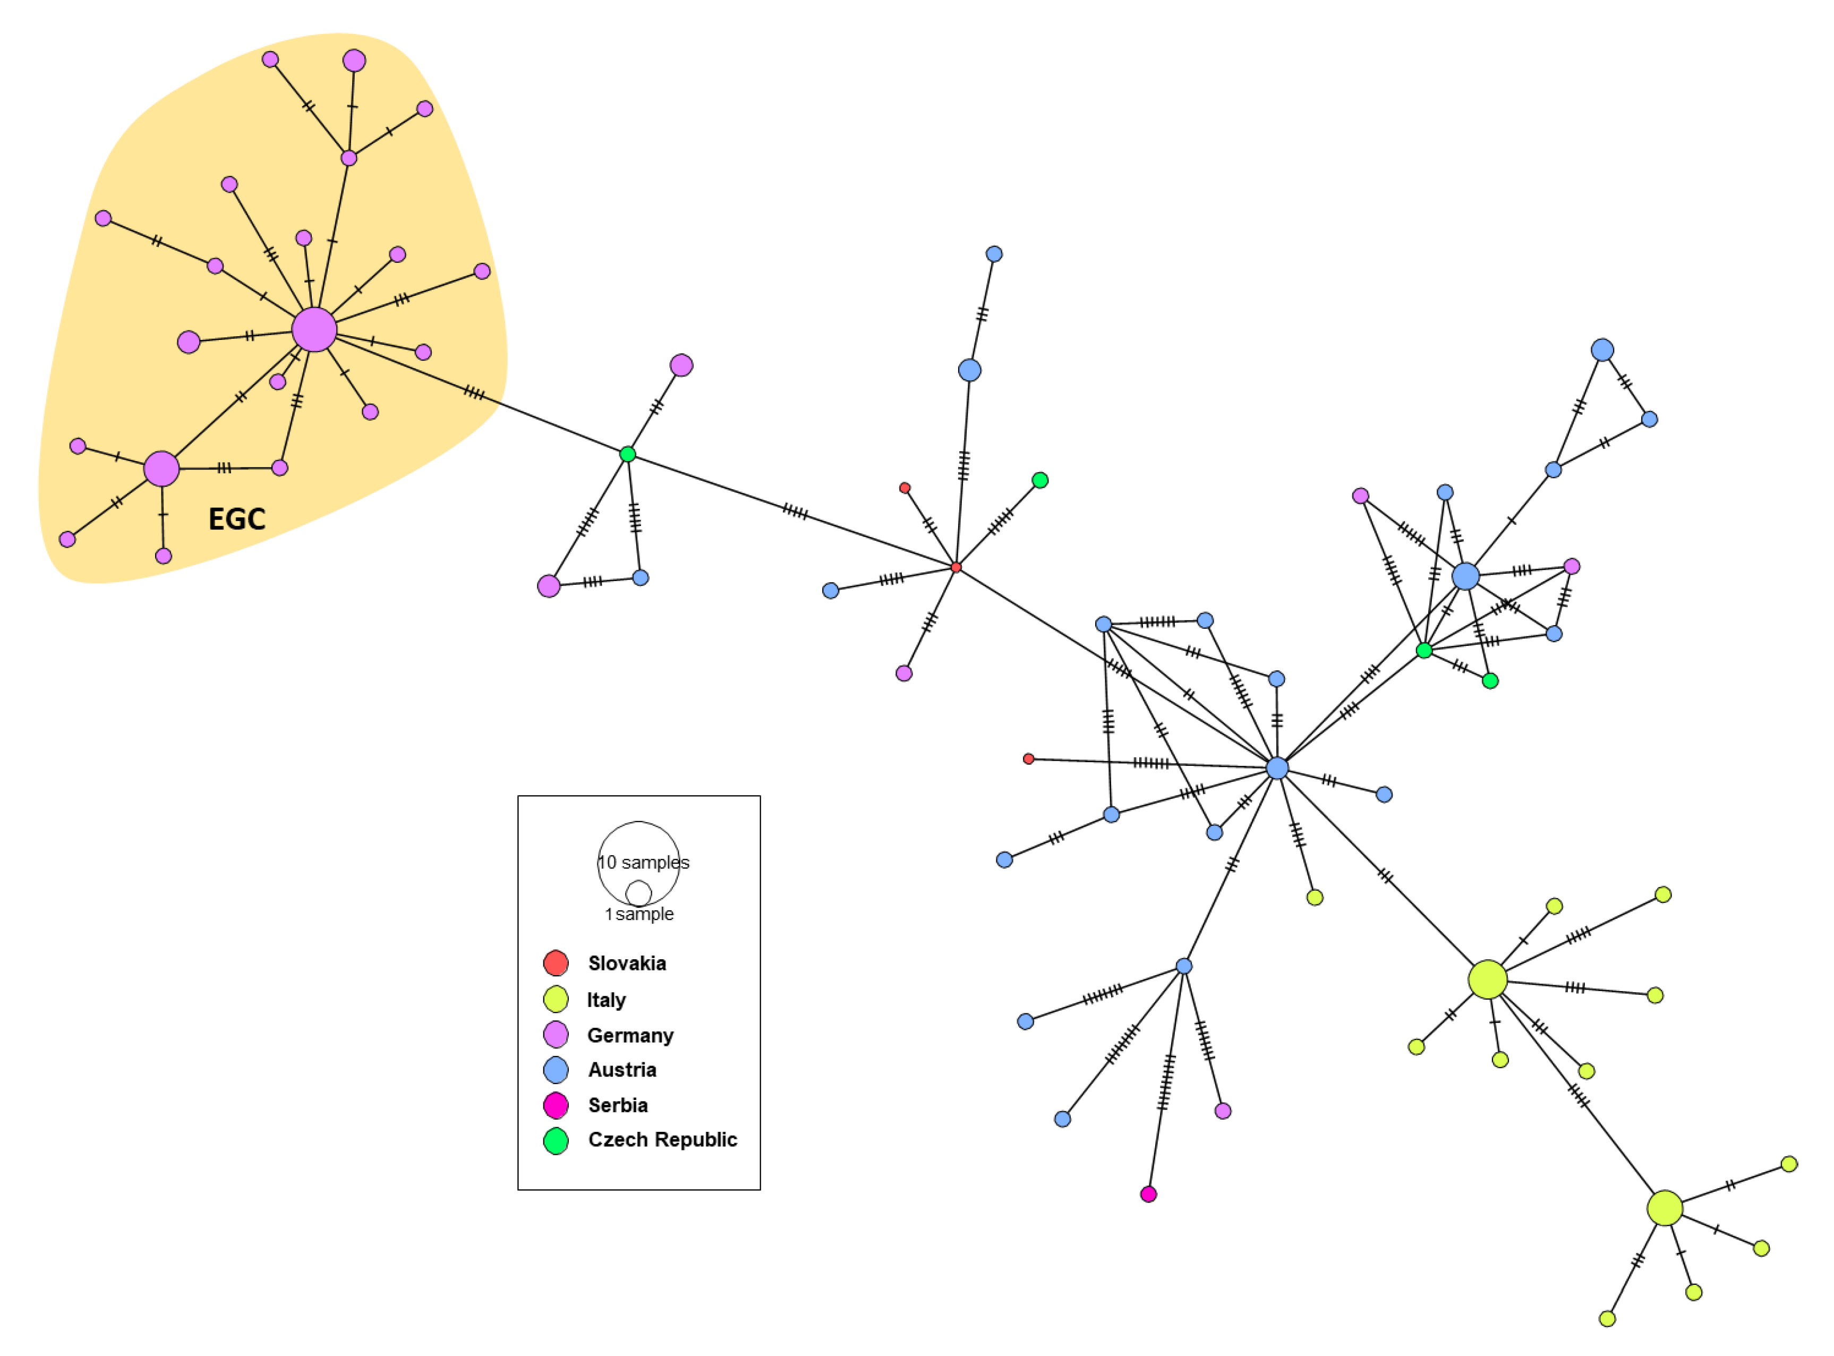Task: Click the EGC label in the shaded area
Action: [x=236, y=519]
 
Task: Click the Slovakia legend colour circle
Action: [x=556, y=963]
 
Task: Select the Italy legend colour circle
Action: [x=556, y=999]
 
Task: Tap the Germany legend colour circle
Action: [x=556, y=1034]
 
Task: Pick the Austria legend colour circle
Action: [x=556, y=1070]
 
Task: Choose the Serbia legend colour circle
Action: [x=556, y=1105]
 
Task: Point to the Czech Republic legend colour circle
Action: [x=556, y=1140]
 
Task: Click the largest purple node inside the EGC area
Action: [x=314, y=330]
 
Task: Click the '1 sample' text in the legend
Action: [x=639, y=915]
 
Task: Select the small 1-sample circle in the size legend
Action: [x=638, y=893]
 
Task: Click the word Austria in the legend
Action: [x=622, y=1070]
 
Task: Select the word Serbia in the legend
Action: [x=618, y=1105]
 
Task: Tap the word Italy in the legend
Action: [x=607, y=1000]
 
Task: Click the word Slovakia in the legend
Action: [x=627, y=963]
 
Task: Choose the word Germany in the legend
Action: [x=630, y=1035]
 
